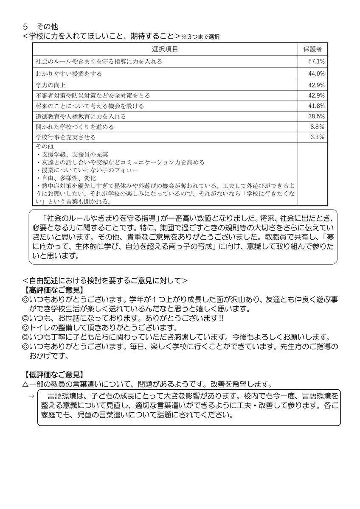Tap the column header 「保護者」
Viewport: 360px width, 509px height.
[312, 49]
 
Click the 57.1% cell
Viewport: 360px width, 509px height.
[317, 62]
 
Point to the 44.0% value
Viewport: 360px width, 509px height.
[317, 74]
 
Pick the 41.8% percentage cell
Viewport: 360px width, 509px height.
[317, 106]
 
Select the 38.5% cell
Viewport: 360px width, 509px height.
[317, 116]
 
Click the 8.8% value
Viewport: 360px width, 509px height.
[318, 127]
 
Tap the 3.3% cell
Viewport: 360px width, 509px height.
[318, 137]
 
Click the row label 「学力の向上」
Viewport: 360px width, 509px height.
[51, 85]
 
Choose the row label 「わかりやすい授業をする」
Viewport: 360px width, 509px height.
[69, 74]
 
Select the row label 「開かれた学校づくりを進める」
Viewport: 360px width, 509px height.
[75, 127]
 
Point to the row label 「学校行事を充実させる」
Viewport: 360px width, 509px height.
[66, 137]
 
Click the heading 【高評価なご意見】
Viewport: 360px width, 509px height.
[53, 290]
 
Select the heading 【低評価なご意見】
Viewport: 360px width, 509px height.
[53, 375]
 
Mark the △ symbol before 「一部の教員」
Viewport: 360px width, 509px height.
[25, 384]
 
